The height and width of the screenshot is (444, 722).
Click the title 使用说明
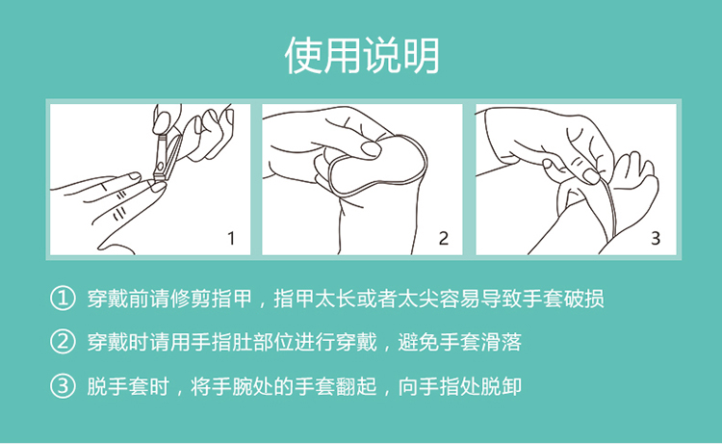361,56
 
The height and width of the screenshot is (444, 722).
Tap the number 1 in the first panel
230,238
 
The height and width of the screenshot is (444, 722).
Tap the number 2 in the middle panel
443,238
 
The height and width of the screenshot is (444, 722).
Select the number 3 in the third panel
656,238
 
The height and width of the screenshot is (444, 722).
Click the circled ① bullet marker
62,298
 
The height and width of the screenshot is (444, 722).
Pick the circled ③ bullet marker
62,386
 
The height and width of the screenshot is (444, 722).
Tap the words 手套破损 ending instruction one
569,298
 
